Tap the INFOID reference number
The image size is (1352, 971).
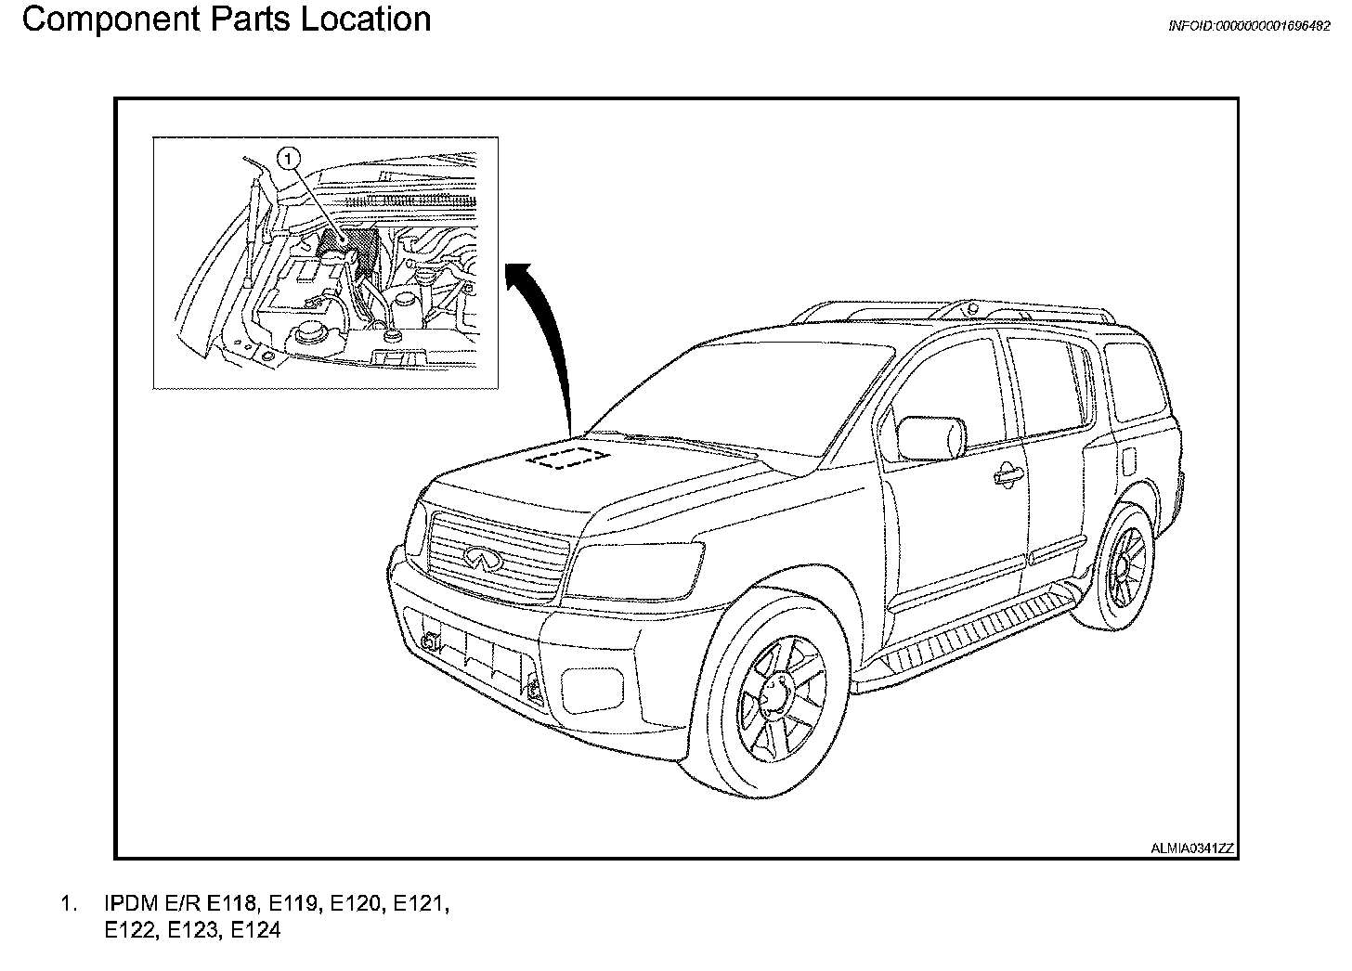(1249, 27)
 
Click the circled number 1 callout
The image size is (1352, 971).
(291, 160)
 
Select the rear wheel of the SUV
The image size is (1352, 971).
(1125, 565)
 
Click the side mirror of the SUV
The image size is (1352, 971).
(930, 438)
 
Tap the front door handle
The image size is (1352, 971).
(1007, 475)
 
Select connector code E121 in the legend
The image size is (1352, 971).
(421, 903)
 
